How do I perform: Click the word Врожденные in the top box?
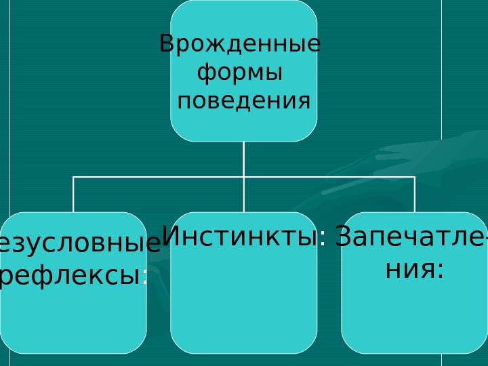[x=240, y=45]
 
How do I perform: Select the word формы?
[x=239, y=73]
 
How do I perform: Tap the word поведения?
[x=243, y=102]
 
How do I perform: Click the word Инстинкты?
[x=240, y=237]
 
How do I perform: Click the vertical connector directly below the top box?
[x=243, y=159]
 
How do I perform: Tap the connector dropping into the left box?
[x=73, y=195]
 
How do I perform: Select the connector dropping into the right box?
[x=414, y=195]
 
